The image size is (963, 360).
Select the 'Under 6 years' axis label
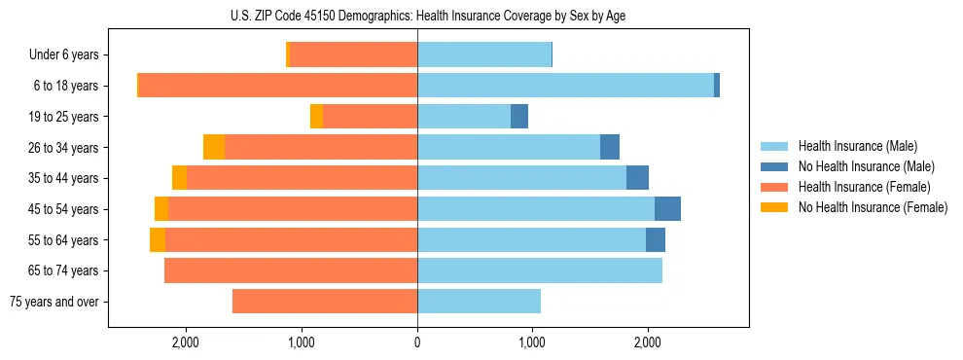tap(63, 54)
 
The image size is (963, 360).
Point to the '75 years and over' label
tap(53, 302)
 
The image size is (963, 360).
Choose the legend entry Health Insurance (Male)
tap(857, 146)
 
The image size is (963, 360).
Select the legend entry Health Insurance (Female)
tap(863, 187)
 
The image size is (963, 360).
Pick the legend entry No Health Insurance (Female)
tap(872, 207)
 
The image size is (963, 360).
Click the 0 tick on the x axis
tap(417, 342)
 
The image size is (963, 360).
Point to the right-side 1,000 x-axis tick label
tap(532, 342)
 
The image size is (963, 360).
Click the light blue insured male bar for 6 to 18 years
tap(564, 86)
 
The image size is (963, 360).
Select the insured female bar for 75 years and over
tap(325, 302)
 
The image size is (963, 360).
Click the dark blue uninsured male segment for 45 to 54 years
tap(667, 209)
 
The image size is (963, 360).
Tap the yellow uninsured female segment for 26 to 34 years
tap(214, 147)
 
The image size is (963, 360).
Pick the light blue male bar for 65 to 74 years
tap(540, 270)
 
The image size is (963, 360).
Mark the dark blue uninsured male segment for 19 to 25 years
tap(519, 117)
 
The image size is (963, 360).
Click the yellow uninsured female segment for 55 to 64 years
tap(158, 240)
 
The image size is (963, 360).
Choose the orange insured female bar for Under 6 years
tap(354, 54)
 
